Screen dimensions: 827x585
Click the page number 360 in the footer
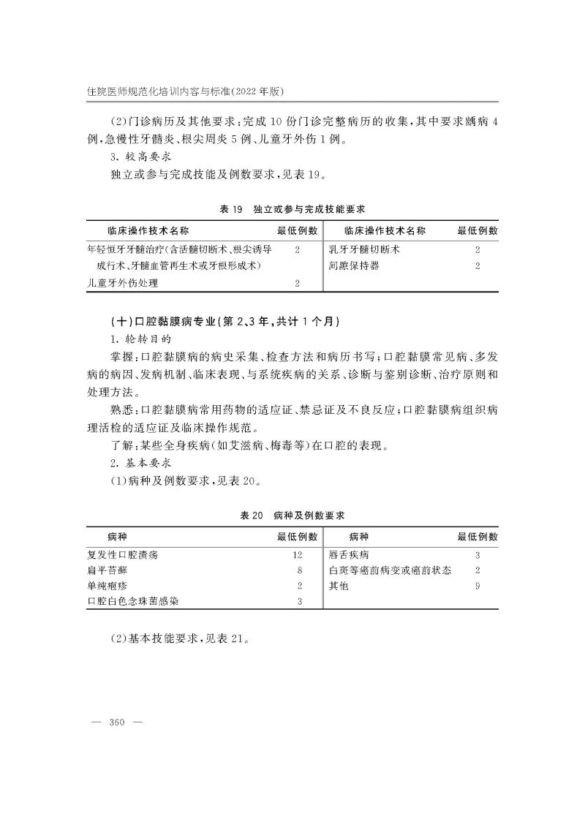coord(117,722)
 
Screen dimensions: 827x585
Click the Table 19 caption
coord(292,210)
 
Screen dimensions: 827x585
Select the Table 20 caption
coord(292,516)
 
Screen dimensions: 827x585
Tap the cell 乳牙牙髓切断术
coord(365,249)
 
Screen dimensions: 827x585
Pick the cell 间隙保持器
coord(355,266)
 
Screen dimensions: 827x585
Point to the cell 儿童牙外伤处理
coord(123,283)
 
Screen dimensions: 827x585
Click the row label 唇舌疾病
coord(349,555)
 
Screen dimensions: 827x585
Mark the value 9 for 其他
coord(478,586)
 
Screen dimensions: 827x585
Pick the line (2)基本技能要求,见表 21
coord(180,638)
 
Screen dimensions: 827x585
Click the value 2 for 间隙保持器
coord(478,266)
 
